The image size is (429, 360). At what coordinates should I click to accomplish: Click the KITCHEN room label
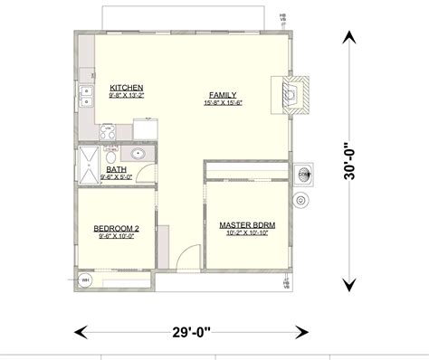(127, 88)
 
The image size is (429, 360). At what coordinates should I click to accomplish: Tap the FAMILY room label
(223, 94)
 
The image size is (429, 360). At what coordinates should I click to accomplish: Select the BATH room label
(117, 169)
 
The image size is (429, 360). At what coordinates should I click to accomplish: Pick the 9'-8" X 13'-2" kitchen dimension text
(127, 95)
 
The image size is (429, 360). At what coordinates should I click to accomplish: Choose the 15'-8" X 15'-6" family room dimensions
(223, 102)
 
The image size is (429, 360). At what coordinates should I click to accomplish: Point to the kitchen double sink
(86, 93)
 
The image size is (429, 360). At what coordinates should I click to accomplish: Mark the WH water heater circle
(86, 279)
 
